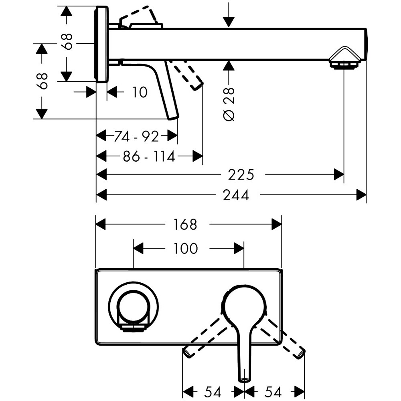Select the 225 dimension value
241,175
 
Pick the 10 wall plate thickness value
139,92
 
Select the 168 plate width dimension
186,225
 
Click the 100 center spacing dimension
186,249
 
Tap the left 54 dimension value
213,391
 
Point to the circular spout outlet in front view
134,308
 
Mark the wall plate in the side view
102,44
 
